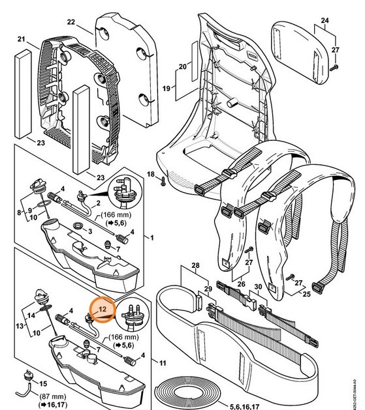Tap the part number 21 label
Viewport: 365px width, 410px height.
pos(21,40)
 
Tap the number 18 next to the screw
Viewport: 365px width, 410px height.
pos(151,175)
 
